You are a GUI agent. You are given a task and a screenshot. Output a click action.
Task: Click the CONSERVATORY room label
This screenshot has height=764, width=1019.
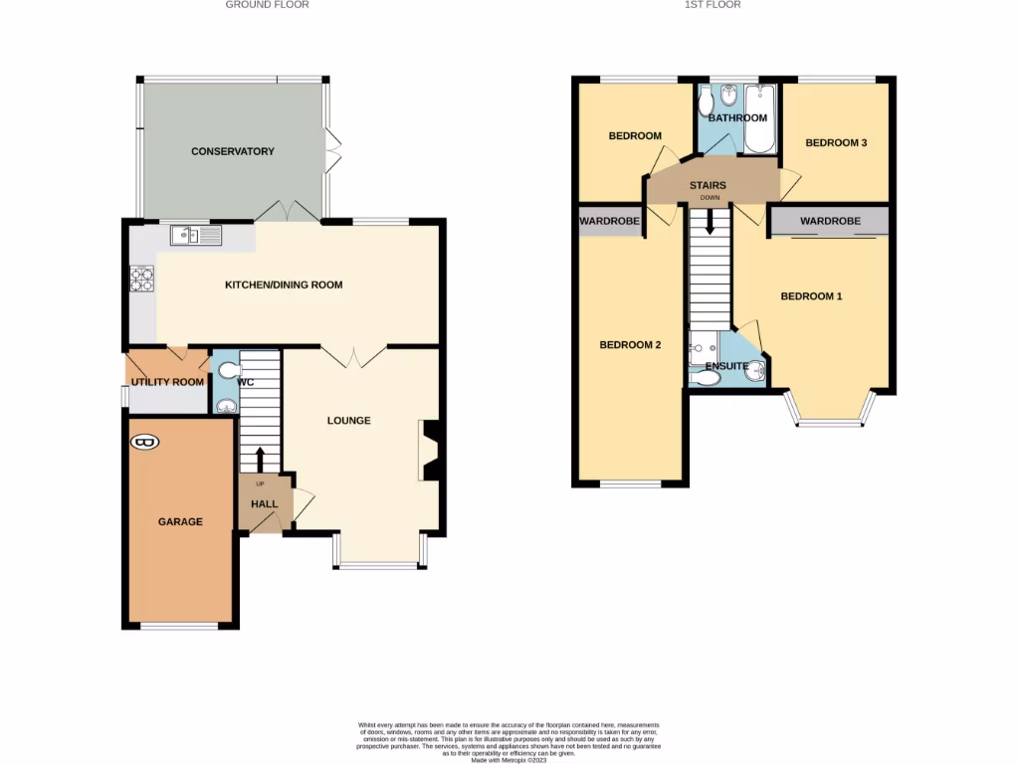[232, 151]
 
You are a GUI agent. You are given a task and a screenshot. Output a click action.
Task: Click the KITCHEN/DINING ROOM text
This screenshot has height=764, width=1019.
[284, 285]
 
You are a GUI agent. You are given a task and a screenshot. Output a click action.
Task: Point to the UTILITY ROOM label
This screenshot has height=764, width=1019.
[167, 382]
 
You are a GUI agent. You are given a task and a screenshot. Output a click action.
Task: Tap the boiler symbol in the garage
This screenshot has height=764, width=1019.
[145, 442]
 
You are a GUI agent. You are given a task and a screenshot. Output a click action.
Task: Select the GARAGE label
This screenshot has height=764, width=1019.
[180, 521]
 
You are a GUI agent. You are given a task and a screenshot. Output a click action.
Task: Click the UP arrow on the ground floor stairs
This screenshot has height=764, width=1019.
[261, 461]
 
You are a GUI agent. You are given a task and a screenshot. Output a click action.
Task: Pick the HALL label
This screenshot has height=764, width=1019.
[264, 504]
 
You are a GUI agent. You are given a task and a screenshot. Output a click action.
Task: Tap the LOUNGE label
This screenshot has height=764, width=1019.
[348, 421]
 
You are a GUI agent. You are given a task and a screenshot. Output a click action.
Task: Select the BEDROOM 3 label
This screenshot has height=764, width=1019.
[836, 143]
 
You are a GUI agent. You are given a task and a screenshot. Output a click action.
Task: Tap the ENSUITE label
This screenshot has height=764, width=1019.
[726, 366]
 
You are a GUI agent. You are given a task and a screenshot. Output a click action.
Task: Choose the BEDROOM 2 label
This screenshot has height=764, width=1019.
[630, 345]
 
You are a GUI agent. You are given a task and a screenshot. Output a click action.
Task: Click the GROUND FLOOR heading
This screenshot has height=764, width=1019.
[267, 5]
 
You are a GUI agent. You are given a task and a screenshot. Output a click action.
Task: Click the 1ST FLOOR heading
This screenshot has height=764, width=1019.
[713, 5]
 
